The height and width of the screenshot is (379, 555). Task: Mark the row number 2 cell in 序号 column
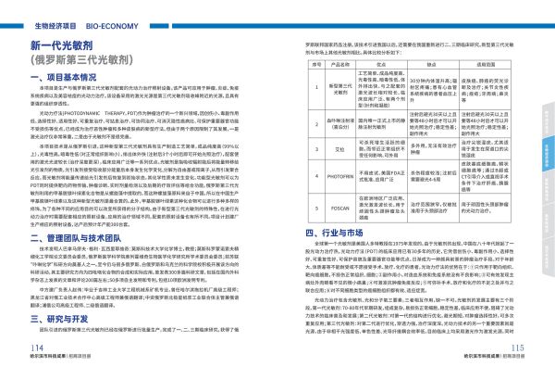tap(294, 120)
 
